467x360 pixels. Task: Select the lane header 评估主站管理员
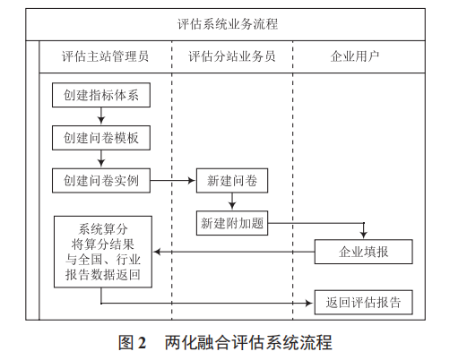(105, 56)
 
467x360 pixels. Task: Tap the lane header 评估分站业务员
(231, 56)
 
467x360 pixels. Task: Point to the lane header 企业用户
(355, 56)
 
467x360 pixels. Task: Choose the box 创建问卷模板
(100, 138)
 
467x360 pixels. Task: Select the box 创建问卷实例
(100, 180)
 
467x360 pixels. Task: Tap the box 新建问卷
(231, 180)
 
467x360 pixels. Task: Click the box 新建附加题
(231, 222)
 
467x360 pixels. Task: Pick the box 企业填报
(363, 253)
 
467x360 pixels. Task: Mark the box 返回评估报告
(363, 302)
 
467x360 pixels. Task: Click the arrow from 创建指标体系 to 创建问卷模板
(101, 117)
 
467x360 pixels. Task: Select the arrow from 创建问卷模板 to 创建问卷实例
(101, 159)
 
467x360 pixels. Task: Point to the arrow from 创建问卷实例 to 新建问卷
(173, 180)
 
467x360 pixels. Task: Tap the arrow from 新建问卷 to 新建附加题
(232, 201)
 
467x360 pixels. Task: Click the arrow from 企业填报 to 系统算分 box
(233, 253)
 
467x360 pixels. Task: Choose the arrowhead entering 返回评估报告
(309, 302)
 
